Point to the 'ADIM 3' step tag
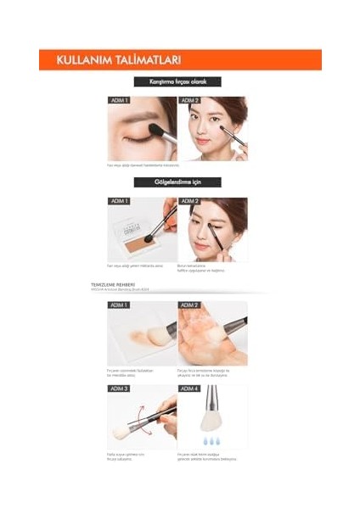click(x=120, y=389)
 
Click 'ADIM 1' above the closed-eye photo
click(x=120, y=100)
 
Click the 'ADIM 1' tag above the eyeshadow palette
click(x=120, y=201)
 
